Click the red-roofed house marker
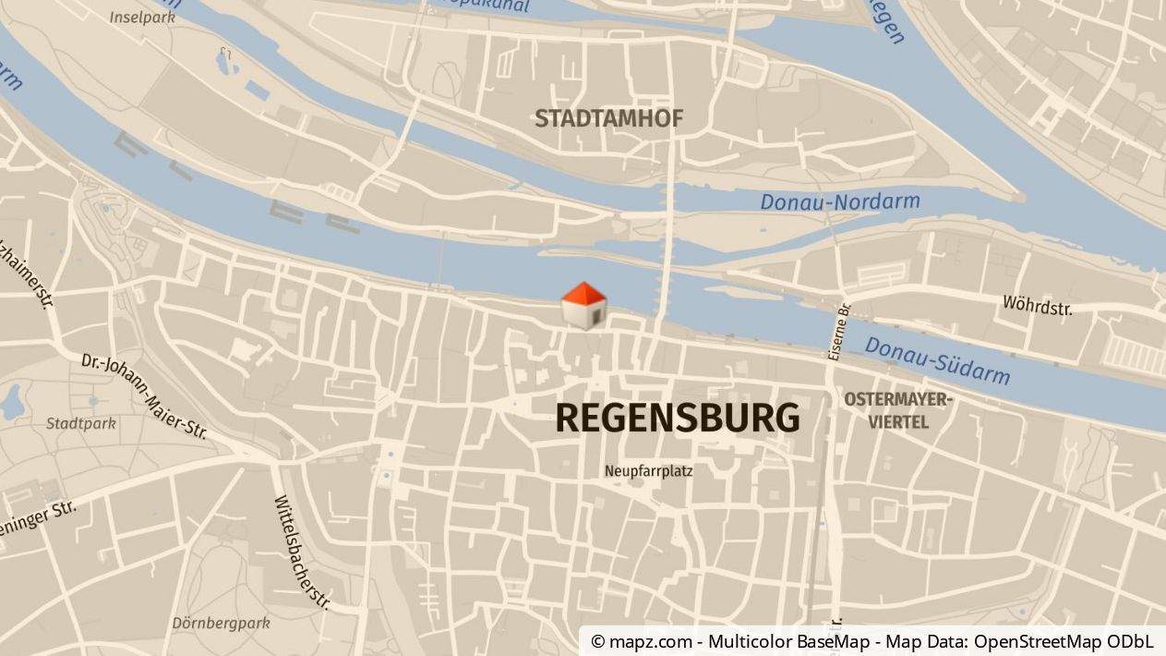[x=584, y=306]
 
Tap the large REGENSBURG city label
[x=677, y=419]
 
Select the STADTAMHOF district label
[x=608, y=118]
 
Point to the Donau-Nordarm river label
[x=839, y=200]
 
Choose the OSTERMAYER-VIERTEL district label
[x=897, y=410]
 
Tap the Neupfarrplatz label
[x=648, y=471]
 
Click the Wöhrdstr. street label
[x=1037, y=305]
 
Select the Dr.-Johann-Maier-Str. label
[x=143, y=395]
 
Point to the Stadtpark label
[x=81, y=423]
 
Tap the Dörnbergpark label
[x=221, y=623]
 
